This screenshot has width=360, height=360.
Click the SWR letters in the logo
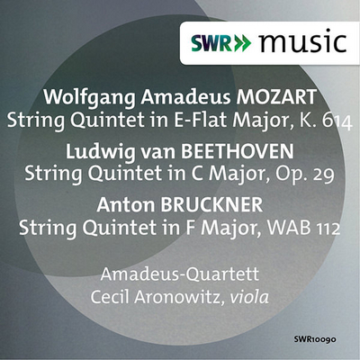point(211,44)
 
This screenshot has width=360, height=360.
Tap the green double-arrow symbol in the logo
point(242,44)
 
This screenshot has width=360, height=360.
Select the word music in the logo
point(303,41)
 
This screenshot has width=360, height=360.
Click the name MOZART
point(276,96)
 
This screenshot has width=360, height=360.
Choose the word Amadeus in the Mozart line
point(185,96)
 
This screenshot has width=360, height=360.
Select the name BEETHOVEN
point(237,151)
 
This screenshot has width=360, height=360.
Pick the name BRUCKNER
point(211,204)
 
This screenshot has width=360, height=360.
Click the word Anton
point(125,204)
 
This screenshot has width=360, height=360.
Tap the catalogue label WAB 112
point(303,228)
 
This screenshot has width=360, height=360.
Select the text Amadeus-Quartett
point(180,274)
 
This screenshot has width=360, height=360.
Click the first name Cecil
point(110,297)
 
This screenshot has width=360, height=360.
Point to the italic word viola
point(249,297)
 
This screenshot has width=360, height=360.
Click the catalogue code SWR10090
point(315,339)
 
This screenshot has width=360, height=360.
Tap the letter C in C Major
point(198,174)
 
